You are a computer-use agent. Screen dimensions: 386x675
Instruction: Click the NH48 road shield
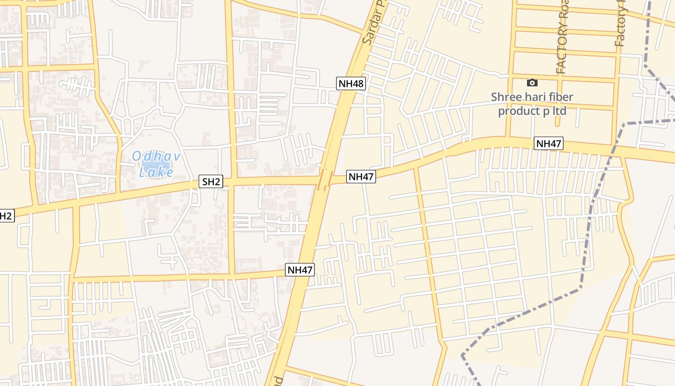pyautogui.click(x=351, y=83)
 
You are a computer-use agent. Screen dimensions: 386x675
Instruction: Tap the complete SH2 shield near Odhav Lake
pyautogui.click(x=212, y=182)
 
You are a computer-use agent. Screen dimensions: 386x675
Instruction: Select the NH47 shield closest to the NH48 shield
pyautogui.click(x=361, y=177)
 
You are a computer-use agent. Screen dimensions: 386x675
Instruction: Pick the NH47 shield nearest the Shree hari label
pyautogui.click(x=549, y=144)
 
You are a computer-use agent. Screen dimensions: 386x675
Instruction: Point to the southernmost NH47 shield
pyautogui.click(x=300, y=270)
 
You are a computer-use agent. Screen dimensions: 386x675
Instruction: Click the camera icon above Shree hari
pyautogui.click(x=532, y=83)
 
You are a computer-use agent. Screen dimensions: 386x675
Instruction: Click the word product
pyautogui.click(x=519, y=111)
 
